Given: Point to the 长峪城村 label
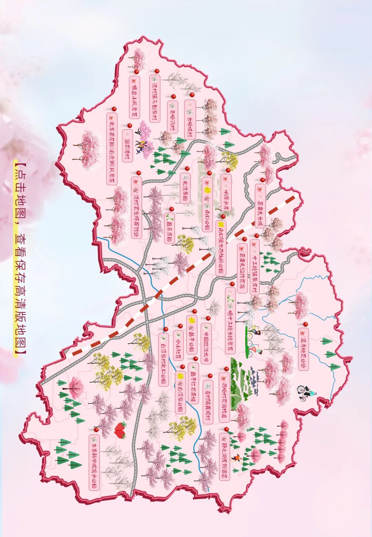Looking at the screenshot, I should (190, 119).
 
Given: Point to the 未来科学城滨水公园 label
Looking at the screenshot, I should (94, 462).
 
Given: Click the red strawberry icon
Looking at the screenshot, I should (120, 430).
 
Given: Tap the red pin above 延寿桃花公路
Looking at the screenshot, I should (305, 324).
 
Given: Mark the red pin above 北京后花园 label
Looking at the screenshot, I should (115, 109).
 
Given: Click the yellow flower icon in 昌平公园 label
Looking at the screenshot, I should (192, 320).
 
